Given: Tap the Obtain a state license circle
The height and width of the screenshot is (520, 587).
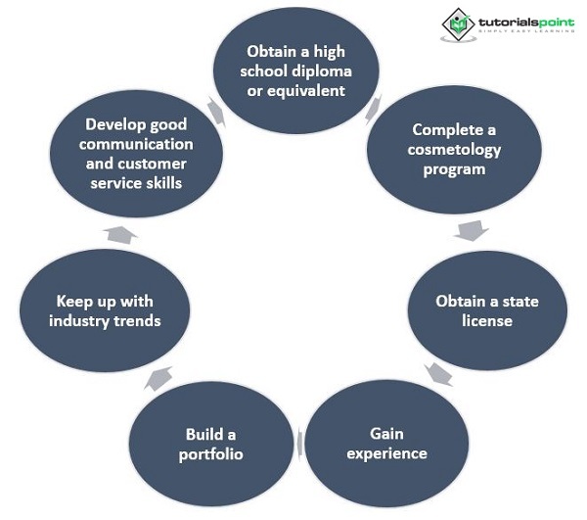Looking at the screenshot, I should (x=486, y=309).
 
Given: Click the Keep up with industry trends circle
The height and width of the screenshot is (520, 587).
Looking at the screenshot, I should (x=104, y=310).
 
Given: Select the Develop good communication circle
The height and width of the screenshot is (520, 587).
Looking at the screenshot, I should (x=135, y=153).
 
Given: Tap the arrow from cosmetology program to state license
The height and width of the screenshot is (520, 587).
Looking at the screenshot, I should (x=472, y=231).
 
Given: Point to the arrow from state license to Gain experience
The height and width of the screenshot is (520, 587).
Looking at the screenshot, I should (x=439, y=373).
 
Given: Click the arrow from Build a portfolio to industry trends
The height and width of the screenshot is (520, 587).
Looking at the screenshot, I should (x=159, y=377).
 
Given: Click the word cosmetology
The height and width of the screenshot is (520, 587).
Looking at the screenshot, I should (x=456, y=149).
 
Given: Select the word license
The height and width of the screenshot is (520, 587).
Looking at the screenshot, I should (x=487, y=320).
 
